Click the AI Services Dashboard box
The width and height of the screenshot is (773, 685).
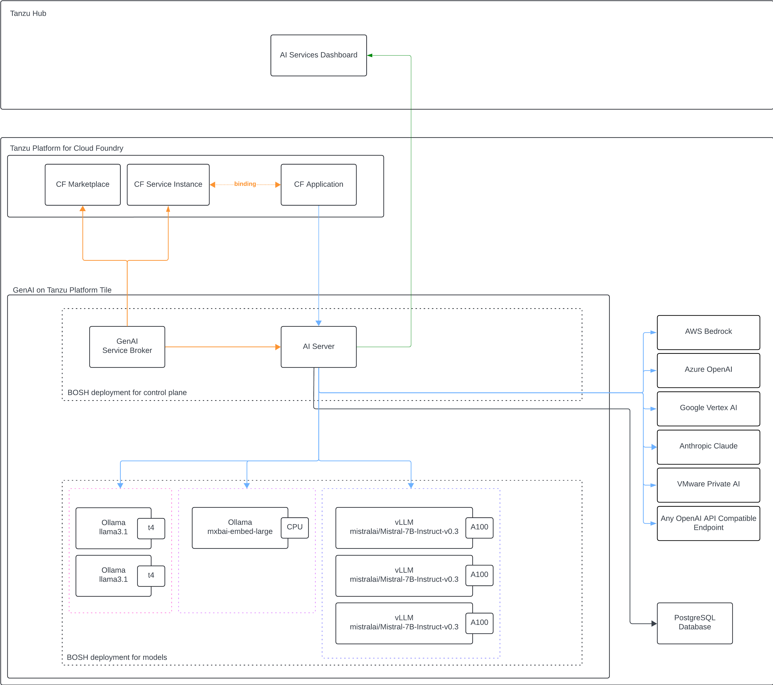pos(318,55)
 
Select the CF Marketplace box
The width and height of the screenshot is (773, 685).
pos(82,185)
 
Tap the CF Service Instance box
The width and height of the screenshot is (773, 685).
pos(168,185)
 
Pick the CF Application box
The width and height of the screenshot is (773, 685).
pos(318,185)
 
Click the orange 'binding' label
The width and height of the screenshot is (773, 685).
pos(245,184)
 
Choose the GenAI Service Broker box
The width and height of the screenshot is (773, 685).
pos(127,347)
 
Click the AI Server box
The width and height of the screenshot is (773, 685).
pos(318,347)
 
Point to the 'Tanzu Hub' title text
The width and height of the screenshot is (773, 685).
pos(28,14)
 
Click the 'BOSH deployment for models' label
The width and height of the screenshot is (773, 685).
pos(117,657)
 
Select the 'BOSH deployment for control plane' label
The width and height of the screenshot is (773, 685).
pos(127,393)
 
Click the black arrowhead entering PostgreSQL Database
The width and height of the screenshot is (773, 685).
pos(654,623)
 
